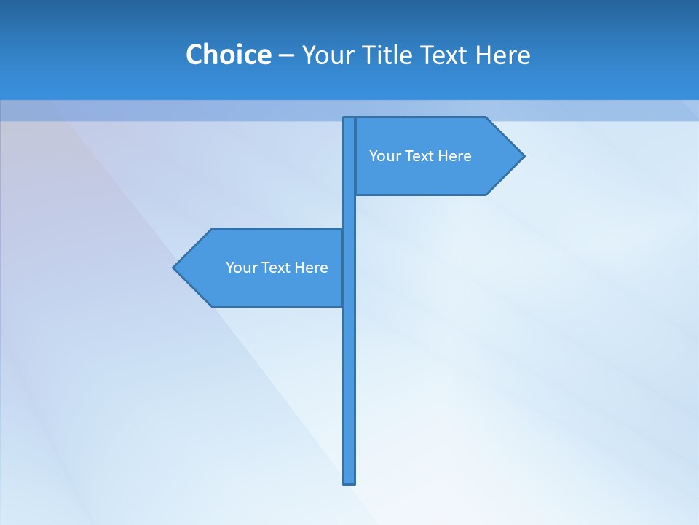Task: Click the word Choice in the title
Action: tap(228, 55)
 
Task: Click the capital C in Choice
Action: tap(194, 55)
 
